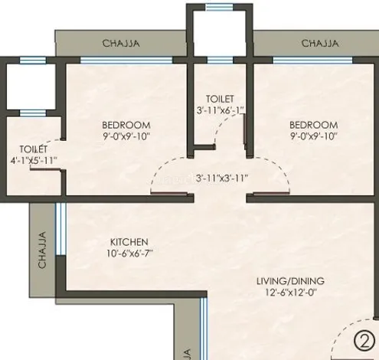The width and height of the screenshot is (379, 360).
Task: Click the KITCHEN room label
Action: pos(129,242)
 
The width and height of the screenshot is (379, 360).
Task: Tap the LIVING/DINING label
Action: pos(290,281)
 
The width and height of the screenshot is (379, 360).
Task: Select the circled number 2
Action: pos(364,341)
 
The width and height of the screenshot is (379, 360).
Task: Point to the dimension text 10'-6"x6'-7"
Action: pos(129,254)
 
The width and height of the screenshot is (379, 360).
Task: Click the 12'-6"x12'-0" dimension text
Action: pos(291,292)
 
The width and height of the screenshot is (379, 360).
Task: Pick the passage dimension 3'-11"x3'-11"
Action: pos(222,178)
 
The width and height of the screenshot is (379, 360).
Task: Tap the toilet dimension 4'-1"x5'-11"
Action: pos(34,161)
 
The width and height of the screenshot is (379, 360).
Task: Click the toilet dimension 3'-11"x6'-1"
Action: pos(221,110)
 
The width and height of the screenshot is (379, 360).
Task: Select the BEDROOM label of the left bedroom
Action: pos(126,125)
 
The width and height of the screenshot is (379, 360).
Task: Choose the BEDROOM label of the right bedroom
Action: pos(314,125)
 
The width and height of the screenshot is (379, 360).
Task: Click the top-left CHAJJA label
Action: pos(121,43)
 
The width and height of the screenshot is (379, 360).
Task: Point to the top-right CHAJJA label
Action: pos(320,43)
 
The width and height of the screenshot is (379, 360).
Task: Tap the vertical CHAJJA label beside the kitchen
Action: pos(42,250)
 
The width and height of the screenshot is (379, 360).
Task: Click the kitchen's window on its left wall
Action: pos(60,228)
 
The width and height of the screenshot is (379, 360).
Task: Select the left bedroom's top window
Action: pos(126,61)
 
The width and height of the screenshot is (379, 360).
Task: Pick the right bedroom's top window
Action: pos(313,61)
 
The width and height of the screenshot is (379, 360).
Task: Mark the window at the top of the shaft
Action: pos(220,8)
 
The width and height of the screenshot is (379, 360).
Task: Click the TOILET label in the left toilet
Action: pos(34,149)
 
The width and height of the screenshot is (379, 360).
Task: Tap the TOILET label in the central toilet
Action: pos(220,99)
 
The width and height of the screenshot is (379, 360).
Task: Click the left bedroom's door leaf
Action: pos(169,193)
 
